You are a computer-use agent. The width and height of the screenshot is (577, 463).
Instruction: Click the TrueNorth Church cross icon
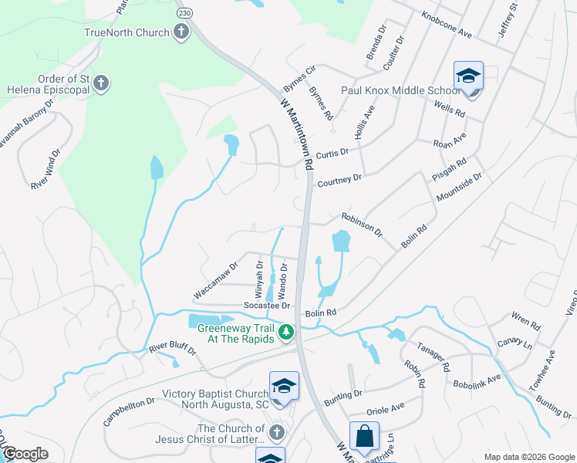pos(181,32)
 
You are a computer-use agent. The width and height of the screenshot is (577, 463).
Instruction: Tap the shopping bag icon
pos(364,436)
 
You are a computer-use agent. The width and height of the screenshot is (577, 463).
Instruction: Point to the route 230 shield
pos(184,13)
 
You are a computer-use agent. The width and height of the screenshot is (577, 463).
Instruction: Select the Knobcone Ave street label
pos(447,25)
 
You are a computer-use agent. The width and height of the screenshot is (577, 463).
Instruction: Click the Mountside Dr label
pos(459,190)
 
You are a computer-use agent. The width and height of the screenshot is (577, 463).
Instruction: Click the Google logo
pos(25,454)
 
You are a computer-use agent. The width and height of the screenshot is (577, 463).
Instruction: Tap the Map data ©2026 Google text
pos(529,457)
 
